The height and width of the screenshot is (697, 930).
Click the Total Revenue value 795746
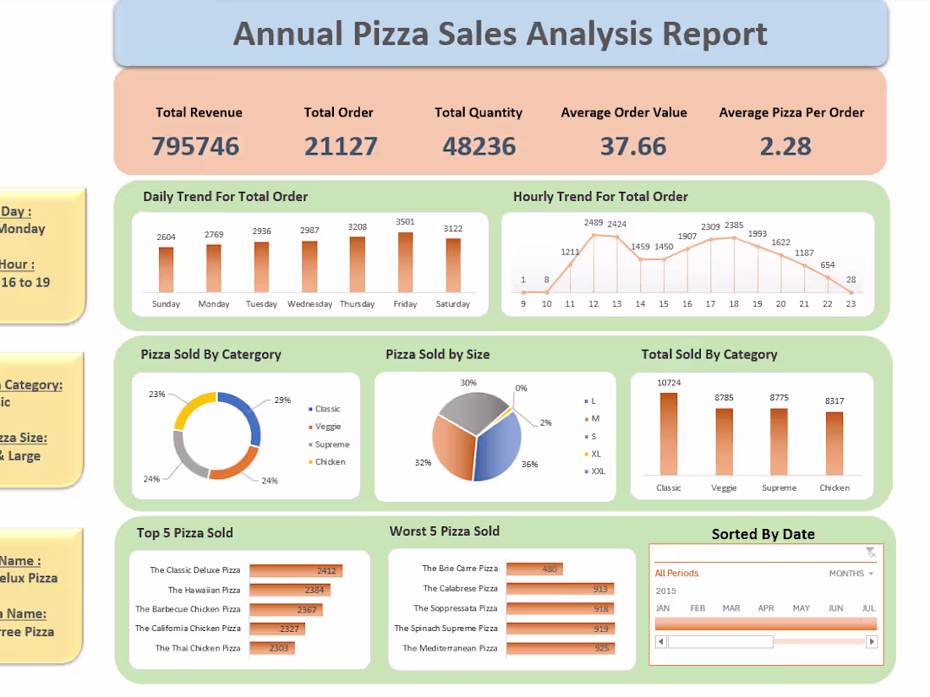pos(195,146)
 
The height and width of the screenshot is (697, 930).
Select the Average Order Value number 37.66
pos(633,146)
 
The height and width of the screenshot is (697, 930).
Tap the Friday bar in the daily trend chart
pos(405,262)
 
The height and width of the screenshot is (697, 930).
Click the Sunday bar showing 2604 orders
pos(166,270)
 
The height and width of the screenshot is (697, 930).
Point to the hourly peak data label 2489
pos(593,223)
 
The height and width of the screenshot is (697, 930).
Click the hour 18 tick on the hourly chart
pos(733,304)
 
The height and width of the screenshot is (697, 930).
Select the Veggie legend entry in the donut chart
pos(327,427)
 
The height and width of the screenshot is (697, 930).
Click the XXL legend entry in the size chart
pos(598,471)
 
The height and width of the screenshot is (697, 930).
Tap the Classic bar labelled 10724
pos(669,434)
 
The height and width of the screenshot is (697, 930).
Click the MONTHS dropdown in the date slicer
pos(851,574)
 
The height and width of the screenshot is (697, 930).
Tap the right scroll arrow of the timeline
pos(872,642)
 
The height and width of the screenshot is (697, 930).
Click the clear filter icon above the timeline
pos(870,553)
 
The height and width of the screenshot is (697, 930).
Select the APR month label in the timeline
pos(766,608)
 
